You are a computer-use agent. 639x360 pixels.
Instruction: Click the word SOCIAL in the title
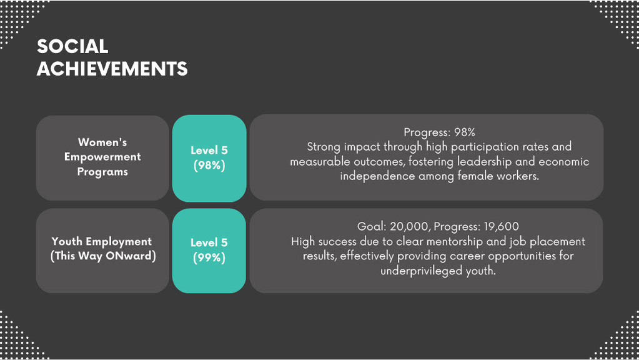coord(72,46)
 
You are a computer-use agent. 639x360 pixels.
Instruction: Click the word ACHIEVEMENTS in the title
coord(112,69)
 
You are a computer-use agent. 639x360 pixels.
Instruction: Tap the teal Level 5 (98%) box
coord(209,158)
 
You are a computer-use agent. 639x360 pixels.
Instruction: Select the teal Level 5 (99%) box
coord(209,251)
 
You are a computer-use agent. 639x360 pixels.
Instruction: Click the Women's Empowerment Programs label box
coord(102,157)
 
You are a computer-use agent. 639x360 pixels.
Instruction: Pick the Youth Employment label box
coord(102,251)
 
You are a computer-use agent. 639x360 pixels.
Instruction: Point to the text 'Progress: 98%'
coord(439,132)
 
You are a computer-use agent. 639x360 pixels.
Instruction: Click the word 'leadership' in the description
coord(484,162)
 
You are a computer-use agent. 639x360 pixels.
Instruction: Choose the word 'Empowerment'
coord(102,157)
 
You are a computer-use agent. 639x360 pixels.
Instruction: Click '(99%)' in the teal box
coord(209,257)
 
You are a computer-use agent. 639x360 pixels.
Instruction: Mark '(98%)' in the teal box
coord(209,166)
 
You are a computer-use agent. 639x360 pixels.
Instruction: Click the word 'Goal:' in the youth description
coord(372,227)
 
